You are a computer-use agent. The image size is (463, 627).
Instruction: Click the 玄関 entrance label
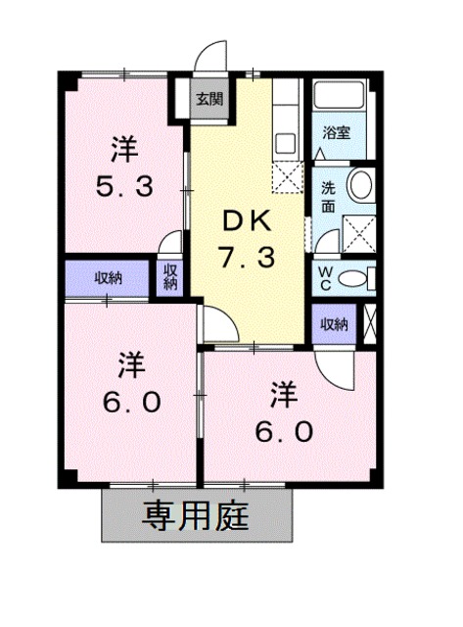pyautogui.click(x=207, y=98)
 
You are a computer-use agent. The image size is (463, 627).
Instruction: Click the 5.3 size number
pyautogui.click(x=123, y=185)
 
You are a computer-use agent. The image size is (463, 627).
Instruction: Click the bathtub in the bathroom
pyautogui.click(x=339, y=97)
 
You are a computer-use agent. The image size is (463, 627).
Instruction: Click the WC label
pyautogui.click(x=325, y=277)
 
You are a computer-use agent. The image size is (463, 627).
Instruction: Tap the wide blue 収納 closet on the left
pyautogui.click(x=108, y=278)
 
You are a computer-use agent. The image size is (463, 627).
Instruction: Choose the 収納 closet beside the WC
pyautogui.click(x=333, y=324)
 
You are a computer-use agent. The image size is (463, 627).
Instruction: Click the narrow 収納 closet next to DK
pyautogui.click(x=170, y=277)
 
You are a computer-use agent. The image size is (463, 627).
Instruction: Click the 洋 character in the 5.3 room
pyautogui.click(x=123, y=149)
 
